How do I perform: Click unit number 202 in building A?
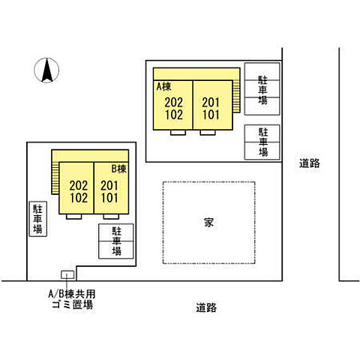[x=174, y=103]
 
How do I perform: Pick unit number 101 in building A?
[x=211, y=115]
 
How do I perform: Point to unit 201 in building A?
[x=211, y=103]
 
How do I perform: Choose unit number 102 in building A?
[x=174, y=115]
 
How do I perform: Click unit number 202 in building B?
[x=78, y=185]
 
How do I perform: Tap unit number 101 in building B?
[x=109, y=198]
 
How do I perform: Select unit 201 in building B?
[x=109, y=185]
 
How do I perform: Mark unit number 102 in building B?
[x=78, y=198]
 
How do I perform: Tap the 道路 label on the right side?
[x=308, y=163]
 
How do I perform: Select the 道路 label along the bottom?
[x=206, y=307]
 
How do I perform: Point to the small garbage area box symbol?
[x=67, y=275]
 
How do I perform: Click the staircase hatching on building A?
[x=237, y=96]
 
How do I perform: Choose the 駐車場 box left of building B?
[x=37, y=219]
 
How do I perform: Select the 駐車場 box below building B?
[x=116, y=241]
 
